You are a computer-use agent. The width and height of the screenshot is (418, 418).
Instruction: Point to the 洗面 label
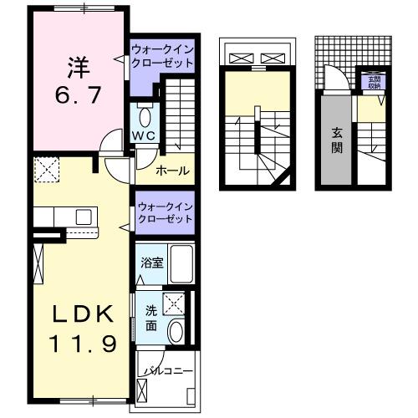pos(150,318)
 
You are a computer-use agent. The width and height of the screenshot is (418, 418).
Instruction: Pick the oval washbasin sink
pos(175,332)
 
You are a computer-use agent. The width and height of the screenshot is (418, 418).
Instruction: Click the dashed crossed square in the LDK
pos(47,171)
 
